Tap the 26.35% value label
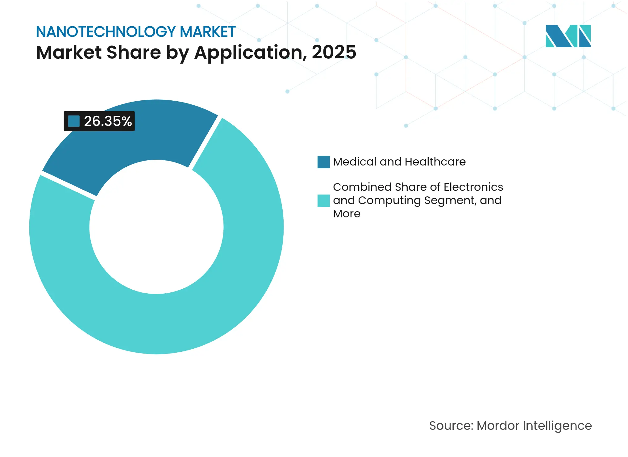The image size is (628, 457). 108,121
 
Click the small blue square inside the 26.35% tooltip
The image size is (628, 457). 74,121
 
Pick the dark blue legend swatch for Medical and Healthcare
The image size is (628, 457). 323,162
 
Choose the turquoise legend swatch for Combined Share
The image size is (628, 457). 323,200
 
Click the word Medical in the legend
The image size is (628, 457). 355,162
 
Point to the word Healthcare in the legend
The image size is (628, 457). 435,162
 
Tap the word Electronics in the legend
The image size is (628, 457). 473,187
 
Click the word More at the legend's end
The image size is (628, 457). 347,214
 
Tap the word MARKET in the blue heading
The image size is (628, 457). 208,32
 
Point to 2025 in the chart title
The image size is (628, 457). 334,52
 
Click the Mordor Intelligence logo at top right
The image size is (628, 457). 568,36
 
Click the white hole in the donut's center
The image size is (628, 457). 156,227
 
